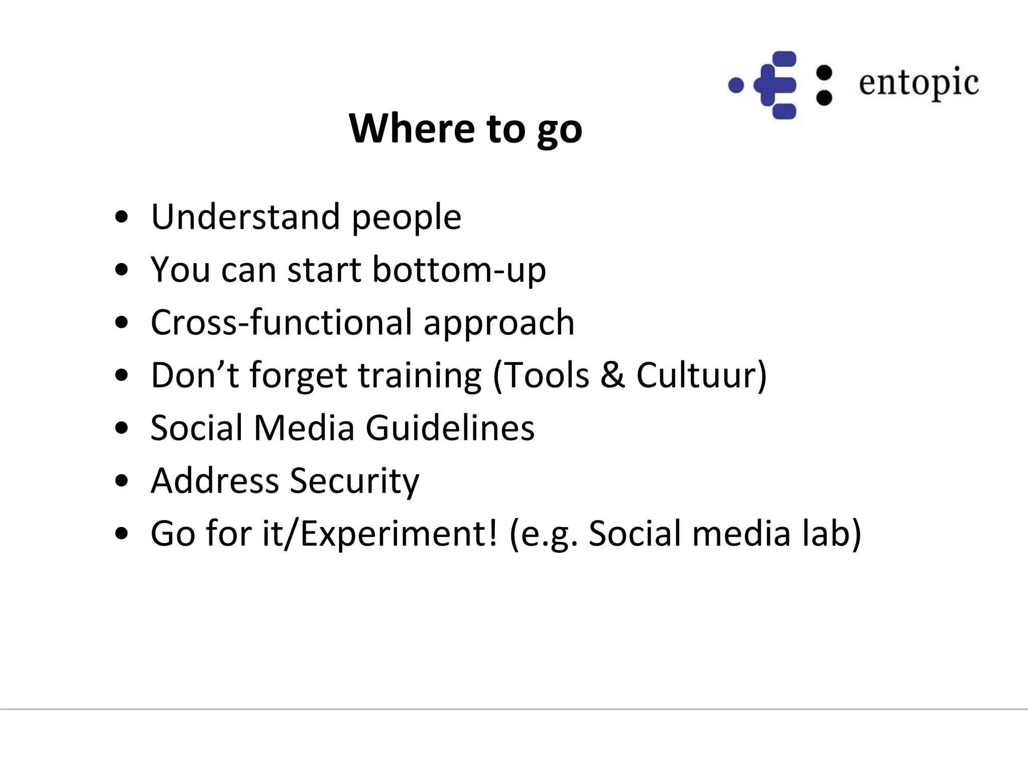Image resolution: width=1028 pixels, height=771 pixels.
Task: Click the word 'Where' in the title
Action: click(412, 128)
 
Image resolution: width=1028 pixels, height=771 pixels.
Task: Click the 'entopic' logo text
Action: click(919, 83)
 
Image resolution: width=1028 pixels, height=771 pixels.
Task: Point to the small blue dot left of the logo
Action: click(736, 85)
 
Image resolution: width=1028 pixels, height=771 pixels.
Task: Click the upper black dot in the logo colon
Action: click(824, 73)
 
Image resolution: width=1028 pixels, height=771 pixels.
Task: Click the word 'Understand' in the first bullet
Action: click(245, 217)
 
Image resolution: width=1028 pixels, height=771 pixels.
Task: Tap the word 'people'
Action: click(406, 219)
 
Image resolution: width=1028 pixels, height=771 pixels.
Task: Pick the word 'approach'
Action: click(499, 324)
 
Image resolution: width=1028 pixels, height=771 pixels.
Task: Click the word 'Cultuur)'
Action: click(702, 375)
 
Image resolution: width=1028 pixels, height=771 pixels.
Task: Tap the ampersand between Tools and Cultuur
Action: click(612, 375)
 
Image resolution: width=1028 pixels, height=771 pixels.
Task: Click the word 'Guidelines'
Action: click(450, 428)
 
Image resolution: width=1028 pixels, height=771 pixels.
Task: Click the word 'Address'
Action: click(214, 481)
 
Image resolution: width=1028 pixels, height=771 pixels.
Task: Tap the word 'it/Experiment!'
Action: click(380, 534)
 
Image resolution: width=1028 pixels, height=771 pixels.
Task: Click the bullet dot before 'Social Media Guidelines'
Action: click(121, 428)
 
